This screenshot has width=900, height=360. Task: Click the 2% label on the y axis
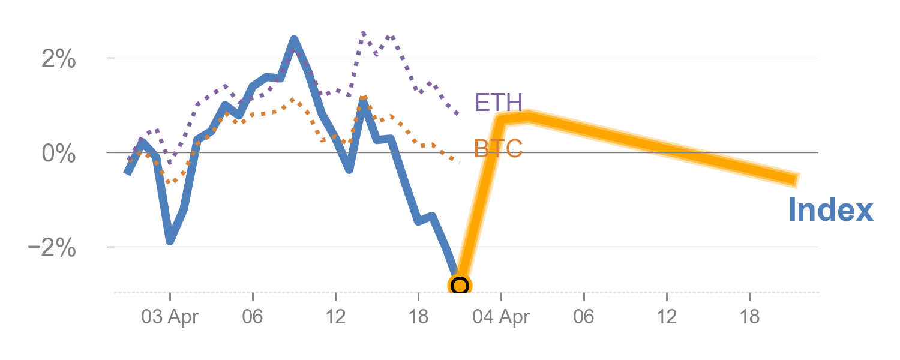59,59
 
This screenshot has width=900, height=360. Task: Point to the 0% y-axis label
59,154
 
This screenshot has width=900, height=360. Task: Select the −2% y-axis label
52,248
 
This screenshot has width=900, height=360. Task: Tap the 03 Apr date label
170,317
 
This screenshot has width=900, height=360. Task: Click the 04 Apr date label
501,317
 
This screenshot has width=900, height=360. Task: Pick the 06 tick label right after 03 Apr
253,317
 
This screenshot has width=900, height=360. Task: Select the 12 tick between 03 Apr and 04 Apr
335,317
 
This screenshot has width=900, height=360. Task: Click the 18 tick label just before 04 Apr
418,317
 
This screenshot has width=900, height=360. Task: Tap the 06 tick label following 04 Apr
584,317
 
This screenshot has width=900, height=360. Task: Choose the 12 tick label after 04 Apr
667,317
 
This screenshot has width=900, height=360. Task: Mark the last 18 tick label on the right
749,317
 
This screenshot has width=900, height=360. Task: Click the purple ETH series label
498,103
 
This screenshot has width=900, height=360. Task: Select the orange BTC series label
498,149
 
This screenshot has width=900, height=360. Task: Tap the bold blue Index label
830,211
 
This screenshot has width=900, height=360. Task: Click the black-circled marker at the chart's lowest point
460,286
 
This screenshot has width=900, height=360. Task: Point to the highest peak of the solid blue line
294,40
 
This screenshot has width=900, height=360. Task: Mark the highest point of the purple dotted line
364,32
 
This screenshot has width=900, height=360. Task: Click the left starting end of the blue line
127,172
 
